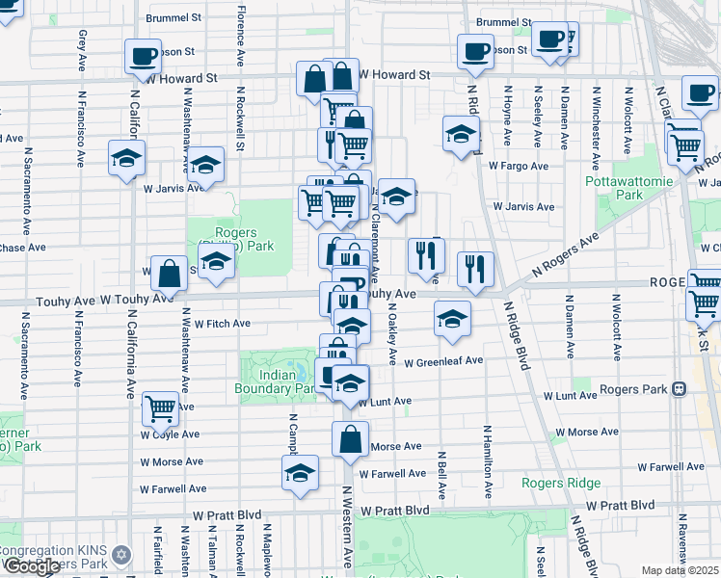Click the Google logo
click(x=32, y=566)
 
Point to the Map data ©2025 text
click(x=681, y=570)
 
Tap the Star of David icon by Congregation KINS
click(x=121, y=556)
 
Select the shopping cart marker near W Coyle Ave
click(x=160, y=408)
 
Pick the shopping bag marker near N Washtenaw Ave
click(x=169, y=274)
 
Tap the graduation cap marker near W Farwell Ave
click(x=301, y=472)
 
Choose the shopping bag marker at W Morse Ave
click(x=350, y=439)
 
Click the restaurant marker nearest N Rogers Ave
click(x=474, y=269)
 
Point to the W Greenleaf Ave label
click(x=443, y=363)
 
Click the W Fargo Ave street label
click(x=518, y=166)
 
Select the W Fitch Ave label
click(x=223, y=324)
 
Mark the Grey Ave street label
click(x=83, y=50)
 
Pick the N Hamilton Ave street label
click(x=488, y=462)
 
